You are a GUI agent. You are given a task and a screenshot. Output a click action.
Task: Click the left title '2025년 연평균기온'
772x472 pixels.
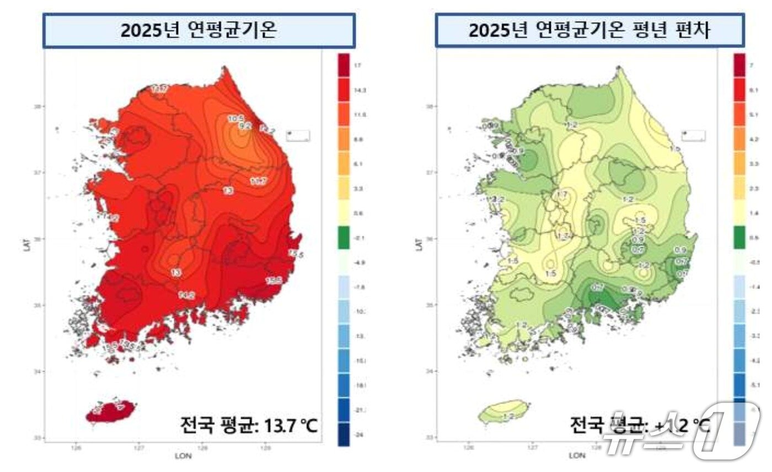click(x=199, y=31)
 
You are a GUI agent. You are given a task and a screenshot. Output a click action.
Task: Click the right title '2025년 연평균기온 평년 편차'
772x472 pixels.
click(x=589, y=31)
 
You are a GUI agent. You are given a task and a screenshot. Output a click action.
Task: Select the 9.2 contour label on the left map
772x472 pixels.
click(x=244, y=126)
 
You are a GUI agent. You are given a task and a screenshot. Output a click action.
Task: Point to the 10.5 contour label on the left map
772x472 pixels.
click(x=236, y=118)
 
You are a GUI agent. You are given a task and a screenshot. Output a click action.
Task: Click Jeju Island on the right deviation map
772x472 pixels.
click(x=502, y=412)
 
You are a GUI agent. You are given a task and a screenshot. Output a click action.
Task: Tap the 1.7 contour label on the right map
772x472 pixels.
click(x=562, y=195)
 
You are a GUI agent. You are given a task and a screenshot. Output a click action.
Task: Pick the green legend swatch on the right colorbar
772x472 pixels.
click(x=739, y=238)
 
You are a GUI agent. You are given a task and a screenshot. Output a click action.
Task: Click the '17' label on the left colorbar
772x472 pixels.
click(x=358, y=66)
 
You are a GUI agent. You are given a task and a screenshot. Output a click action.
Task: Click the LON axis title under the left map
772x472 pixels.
click(x=183, y=456)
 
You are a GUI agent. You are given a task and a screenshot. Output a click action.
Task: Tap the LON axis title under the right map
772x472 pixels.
click(x=577, y=456)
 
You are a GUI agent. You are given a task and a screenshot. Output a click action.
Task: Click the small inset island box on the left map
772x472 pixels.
click(x=298, y=136)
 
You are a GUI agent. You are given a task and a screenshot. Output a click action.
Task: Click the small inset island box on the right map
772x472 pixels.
click(x=693, y=136)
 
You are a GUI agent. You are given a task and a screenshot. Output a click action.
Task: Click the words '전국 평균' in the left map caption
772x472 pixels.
click(x=211, y=425)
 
